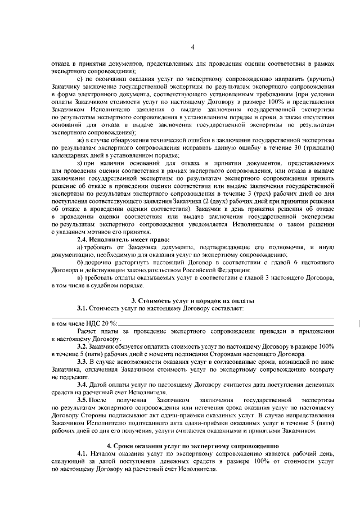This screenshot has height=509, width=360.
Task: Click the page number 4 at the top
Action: point(192,47)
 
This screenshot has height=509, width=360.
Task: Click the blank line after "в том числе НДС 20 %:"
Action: point(225,324)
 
